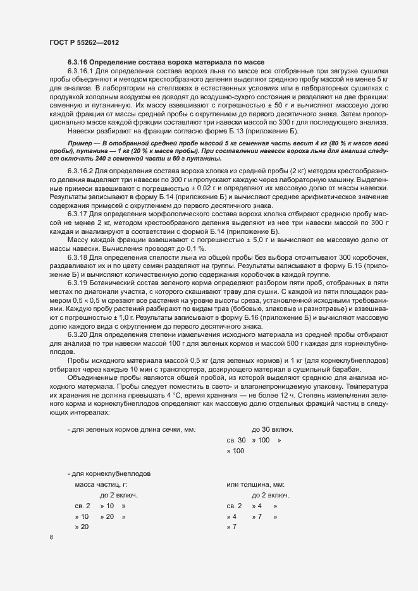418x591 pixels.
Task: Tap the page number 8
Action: click(51, 537)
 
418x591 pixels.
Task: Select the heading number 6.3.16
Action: click(78, 62)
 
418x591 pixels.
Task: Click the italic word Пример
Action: click(80, 145)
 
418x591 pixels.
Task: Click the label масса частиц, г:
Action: click(102, 484)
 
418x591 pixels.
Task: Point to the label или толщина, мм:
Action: click(255, 484)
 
